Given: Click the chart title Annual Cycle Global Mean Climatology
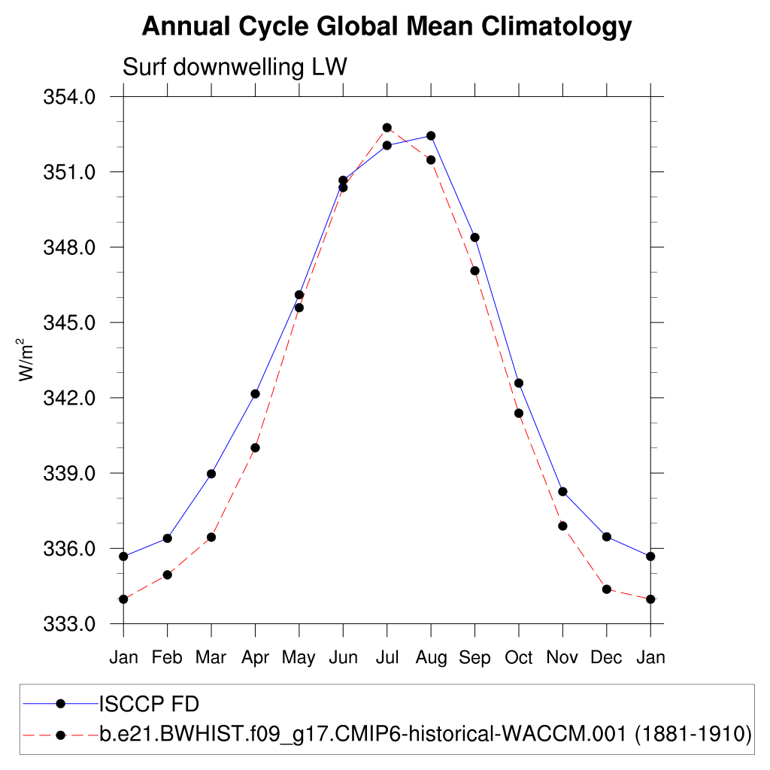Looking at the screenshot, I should (387, 27).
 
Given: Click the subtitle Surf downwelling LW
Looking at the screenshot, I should (234, 67).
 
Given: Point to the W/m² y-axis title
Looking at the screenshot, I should (27, 359).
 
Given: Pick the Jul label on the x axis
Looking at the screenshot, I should (387, 658).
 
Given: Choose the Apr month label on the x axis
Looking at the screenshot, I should (255, 658).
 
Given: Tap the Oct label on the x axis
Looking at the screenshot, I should (519, 658).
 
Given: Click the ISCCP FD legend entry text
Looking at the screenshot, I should (149, 704).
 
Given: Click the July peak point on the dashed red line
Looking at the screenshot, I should (387, 128).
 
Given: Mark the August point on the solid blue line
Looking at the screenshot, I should (431, 135).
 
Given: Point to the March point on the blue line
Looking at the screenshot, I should (211, 474).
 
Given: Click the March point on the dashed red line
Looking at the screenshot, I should (211, 537).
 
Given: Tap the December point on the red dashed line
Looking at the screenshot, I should (607, 589).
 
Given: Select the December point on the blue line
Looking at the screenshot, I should (607, 536).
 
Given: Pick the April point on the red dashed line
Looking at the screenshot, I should (255, 447).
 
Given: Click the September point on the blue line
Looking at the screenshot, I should (475, 238).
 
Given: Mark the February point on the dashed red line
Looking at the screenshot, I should (167, 574).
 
